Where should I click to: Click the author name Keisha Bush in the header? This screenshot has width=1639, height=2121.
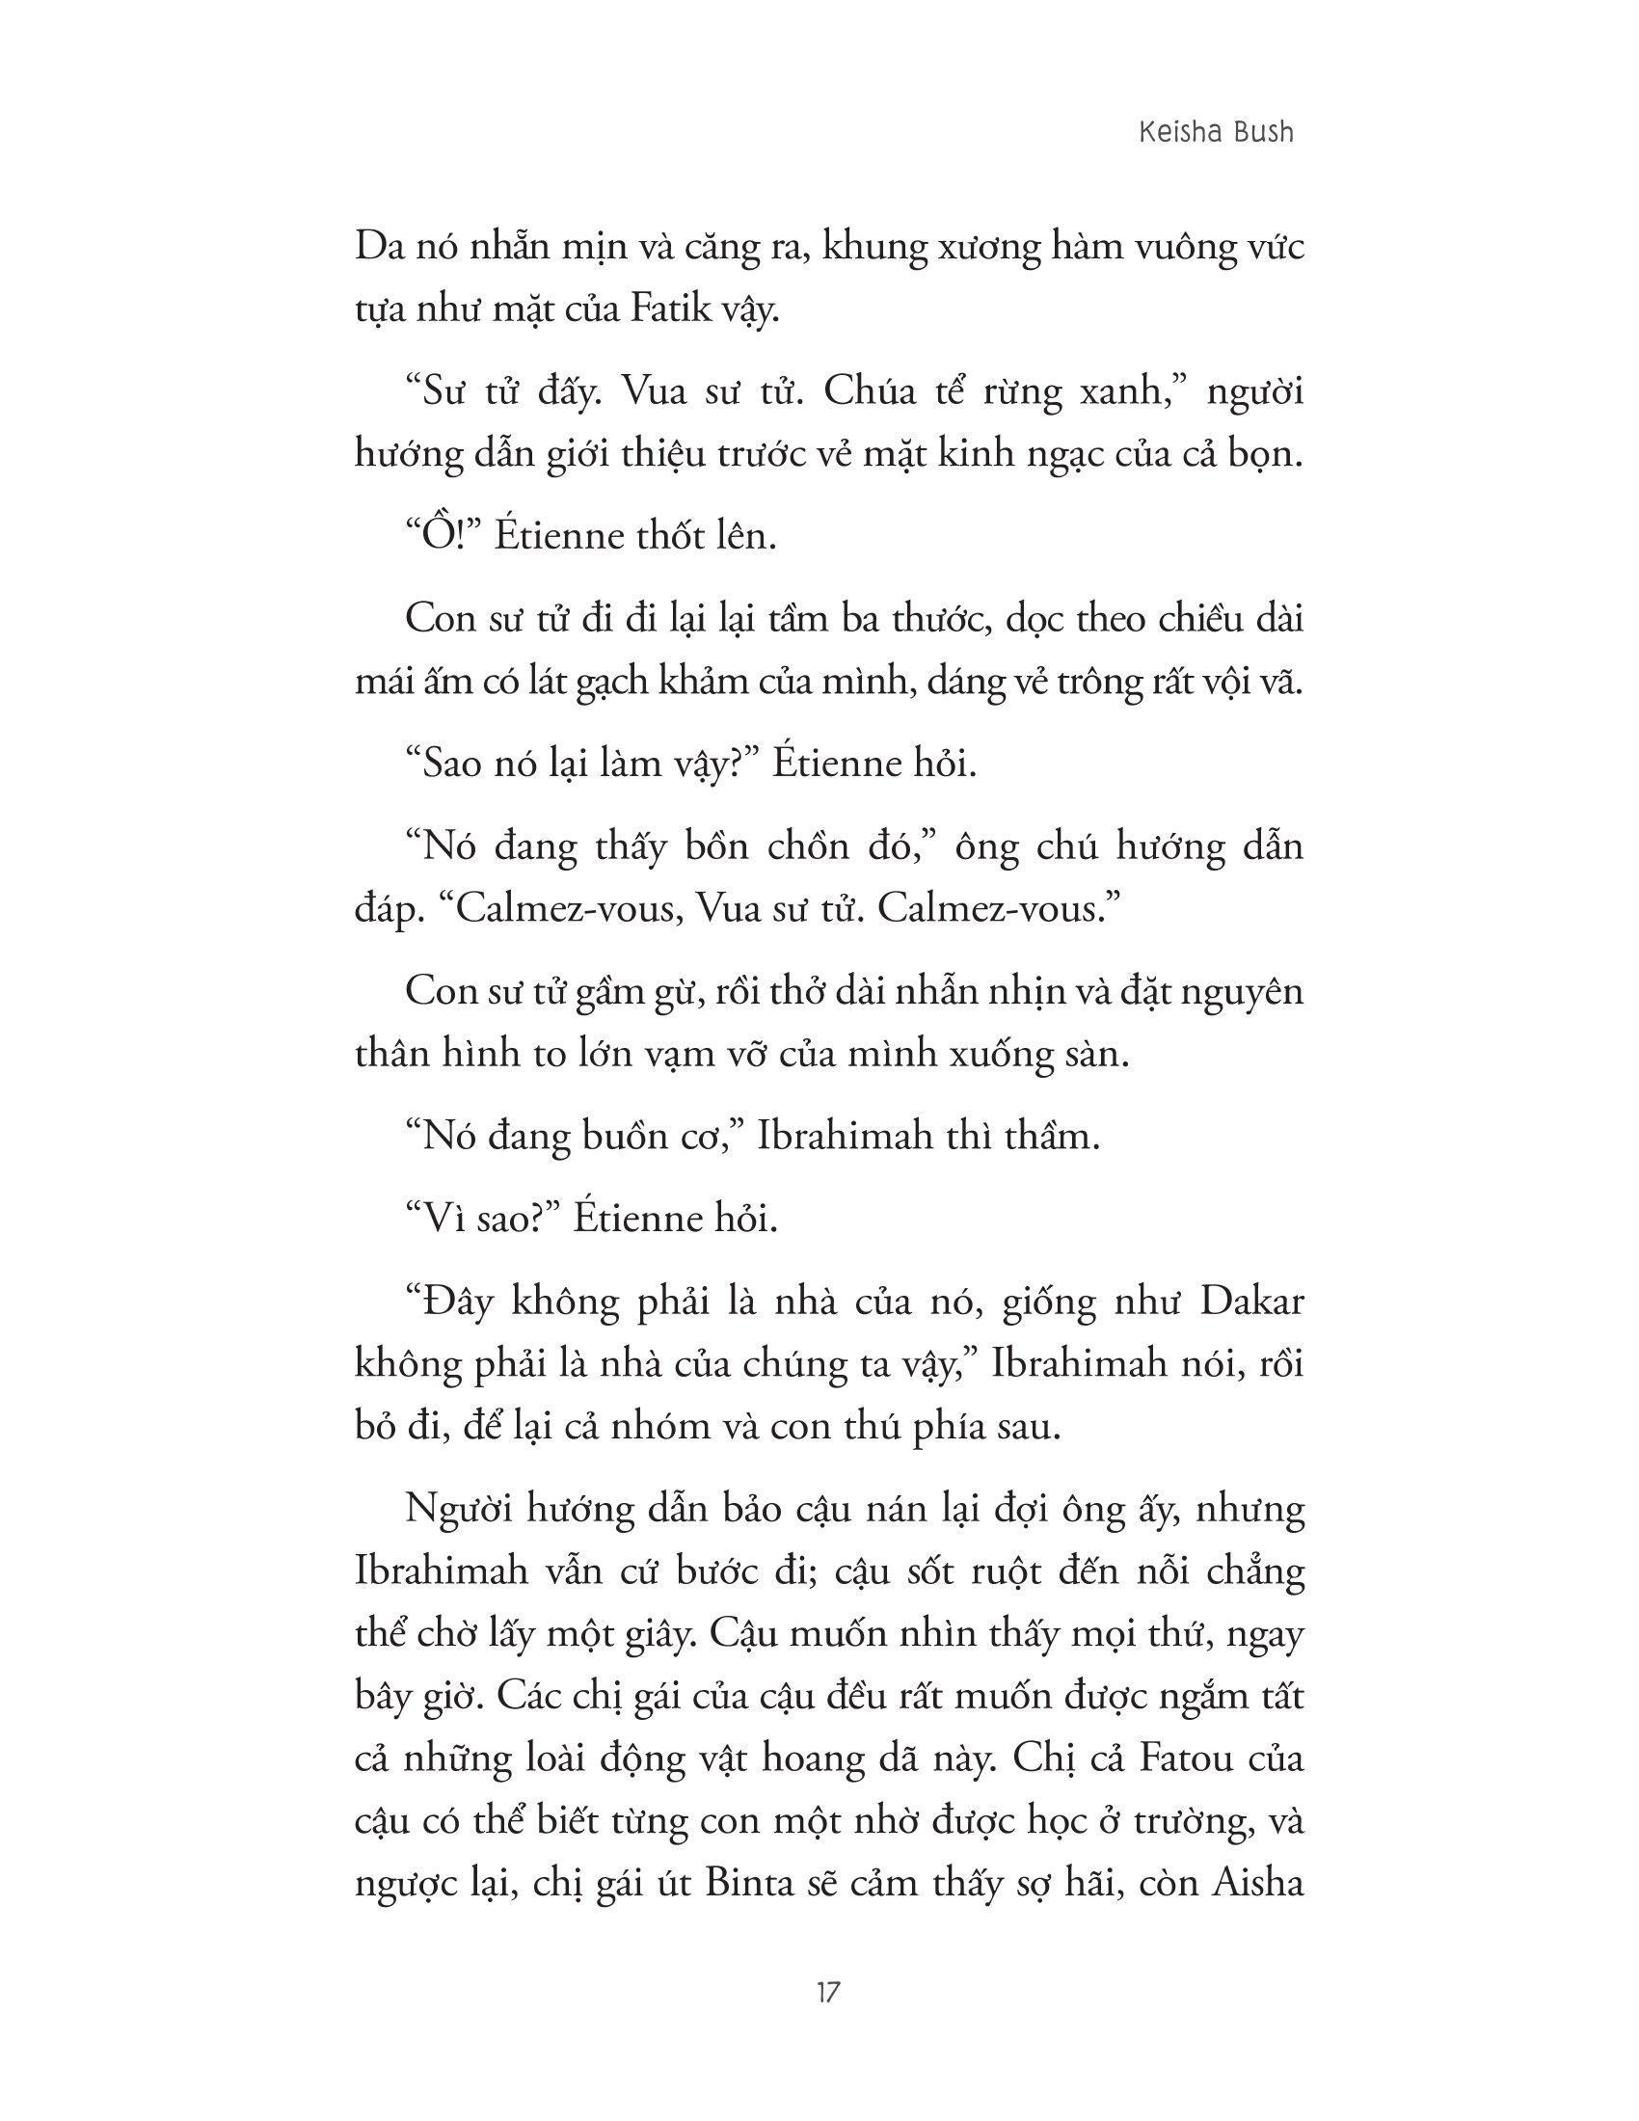[1217, 131]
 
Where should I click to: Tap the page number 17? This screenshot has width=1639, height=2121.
[828, 1994]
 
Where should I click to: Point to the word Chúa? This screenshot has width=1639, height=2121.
[867, 392]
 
